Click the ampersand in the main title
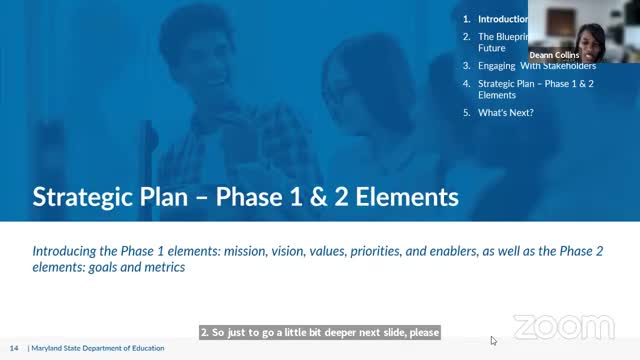pos(337,195)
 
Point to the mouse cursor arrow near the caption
pos(493,340)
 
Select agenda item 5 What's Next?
pos(505,113)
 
